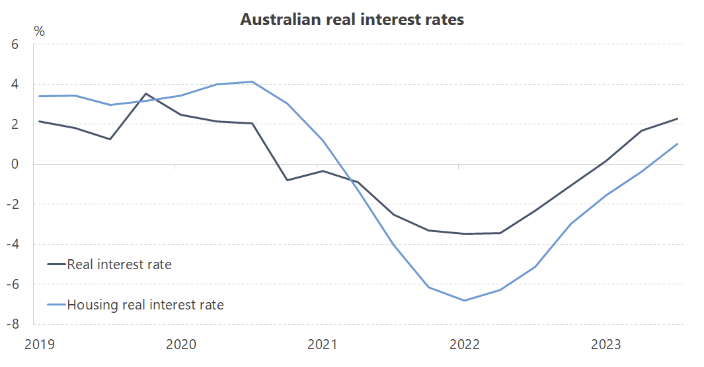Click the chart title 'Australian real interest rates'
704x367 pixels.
click(352, 20)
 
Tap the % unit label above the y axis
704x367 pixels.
click(39, 31)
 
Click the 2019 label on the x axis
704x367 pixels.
click(39, 344)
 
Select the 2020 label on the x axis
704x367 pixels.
click(180, 344)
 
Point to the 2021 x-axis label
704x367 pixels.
click(322, 344)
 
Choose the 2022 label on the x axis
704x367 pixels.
click(463, 344)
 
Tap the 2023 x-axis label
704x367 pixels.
click(605, 344)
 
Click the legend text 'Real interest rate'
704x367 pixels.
click(119, 265)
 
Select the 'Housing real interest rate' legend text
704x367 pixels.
click(145, 305)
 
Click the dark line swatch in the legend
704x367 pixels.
click(56, 265)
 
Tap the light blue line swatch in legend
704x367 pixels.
click(56, 305)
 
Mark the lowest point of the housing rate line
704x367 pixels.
click(464, 300)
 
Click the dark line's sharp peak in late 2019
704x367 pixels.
click(145, 94)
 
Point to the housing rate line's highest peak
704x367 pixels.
click(252, 82)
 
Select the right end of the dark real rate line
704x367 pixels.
click(678, 119)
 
